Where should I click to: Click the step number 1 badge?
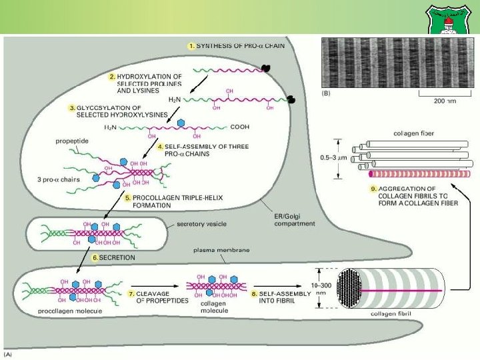[x=191, y=45]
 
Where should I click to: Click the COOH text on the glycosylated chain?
[x=239, y=126]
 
